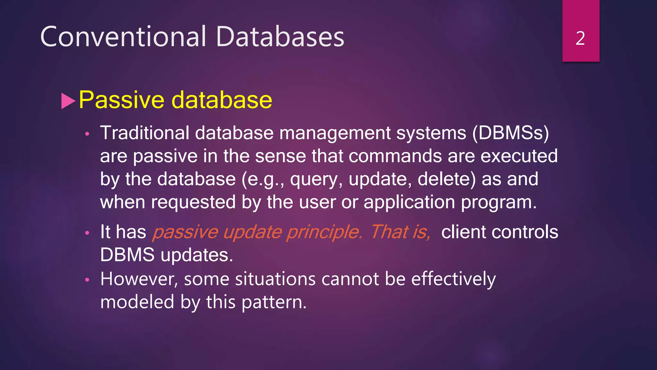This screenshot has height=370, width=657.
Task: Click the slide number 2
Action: point(580,39)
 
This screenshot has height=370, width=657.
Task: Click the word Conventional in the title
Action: point(123,37)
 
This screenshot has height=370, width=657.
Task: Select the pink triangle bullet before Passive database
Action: point(68,101)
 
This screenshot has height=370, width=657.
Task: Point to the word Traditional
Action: point(145,133)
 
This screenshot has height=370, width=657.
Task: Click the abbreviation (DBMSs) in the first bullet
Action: point(511,133)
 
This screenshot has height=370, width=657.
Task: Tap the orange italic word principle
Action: point(324,232)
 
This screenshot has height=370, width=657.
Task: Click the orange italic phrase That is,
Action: point(400,232)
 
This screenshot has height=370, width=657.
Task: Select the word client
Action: point(464,232)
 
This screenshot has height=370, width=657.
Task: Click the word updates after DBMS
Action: point(197,255)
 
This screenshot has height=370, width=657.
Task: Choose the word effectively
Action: point(453,279)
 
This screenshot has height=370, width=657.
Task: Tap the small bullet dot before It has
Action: point(87,233)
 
